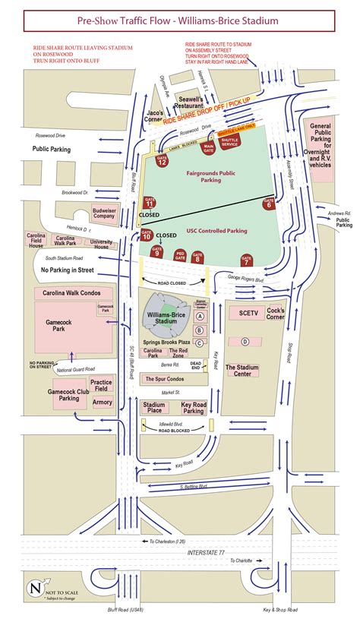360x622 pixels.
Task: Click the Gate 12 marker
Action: point(162,159)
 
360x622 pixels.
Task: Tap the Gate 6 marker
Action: point(268,204)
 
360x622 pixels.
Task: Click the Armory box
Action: point(102,402)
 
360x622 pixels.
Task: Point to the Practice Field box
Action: point(102,385)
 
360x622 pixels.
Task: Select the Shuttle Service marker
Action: point(229,141)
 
